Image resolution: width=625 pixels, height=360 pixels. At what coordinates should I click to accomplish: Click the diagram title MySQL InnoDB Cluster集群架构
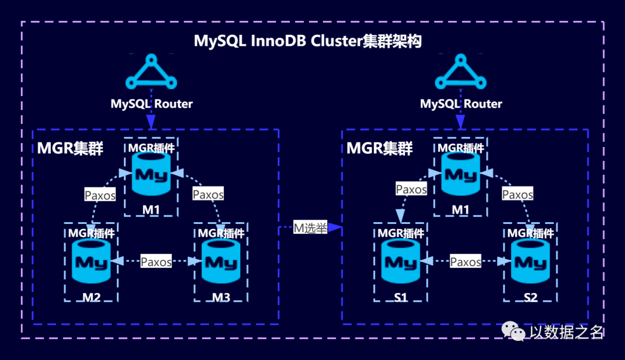tap(307, 41)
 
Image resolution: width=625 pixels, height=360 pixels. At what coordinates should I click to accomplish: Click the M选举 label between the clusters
tap(311, 227)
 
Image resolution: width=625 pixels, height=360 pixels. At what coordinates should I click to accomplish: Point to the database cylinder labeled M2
tap(91, 262)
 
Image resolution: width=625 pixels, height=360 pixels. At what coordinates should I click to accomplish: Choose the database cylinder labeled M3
tap(221, 262)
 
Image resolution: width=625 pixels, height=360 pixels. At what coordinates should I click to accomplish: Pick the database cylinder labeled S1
tap(400, 262)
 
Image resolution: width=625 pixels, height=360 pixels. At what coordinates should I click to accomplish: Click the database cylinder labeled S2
tap(530, 262)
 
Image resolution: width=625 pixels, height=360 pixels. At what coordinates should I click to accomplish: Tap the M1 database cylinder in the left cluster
tap(151, 174)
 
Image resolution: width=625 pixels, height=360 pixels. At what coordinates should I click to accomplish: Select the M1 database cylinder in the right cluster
tap(461, 174)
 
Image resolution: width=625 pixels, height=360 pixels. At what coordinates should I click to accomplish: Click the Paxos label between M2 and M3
tap(156, 262)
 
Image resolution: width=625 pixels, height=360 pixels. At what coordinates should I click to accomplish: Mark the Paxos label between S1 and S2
tap(465, 262)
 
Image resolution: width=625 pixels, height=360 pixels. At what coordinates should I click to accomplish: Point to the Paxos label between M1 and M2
tap(100, 194)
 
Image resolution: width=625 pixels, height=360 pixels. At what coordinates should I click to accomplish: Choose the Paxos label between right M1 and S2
tap(517, 194)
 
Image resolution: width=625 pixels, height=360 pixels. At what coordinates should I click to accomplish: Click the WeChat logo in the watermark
tap(513, 331)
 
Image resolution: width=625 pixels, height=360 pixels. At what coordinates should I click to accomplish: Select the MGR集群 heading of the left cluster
tap(70, 148)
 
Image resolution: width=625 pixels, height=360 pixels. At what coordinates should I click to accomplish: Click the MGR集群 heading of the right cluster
tap(380, 148)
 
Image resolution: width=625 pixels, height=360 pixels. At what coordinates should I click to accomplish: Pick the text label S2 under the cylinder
tap(531, 297)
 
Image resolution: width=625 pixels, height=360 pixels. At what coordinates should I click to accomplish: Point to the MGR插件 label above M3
tap(221, 233)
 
